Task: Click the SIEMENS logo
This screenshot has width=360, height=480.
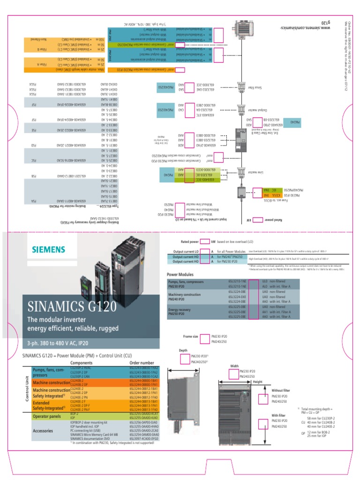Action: (x=48, y=249)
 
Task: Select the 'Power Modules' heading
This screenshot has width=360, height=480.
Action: (x=181, y=275)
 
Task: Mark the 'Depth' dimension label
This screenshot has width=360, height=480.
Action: (x=183, y=350)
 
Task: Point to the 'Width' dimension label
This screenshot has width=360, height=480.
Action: (x=234, y=366)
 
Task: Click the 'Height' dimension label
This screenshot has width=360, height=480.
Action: (x=258, y=382)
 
